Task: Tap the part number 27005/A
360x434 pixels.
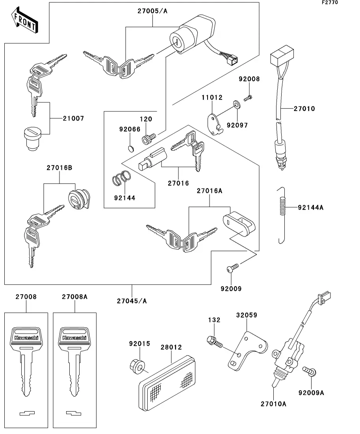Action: coord(152,11)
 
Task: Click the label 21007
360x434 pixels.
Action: coord(74,118)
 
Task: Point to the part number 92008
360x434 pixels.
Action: coord(249,79)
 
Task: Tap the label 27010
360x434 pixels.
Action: coord(304,109)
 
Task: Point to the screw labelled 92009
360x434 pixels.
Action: coord(232,269)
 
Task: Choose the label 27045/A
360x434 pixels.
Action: coord(132,301)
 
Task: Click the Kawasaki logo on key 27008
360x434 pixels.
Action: coord(26,338)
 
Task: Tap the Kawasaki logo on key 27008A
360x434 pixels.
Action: coord(74,338)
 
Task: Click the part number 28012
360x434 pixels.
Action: coord(171,347)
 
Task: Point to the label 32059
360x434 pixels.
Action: coord(247,315)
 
